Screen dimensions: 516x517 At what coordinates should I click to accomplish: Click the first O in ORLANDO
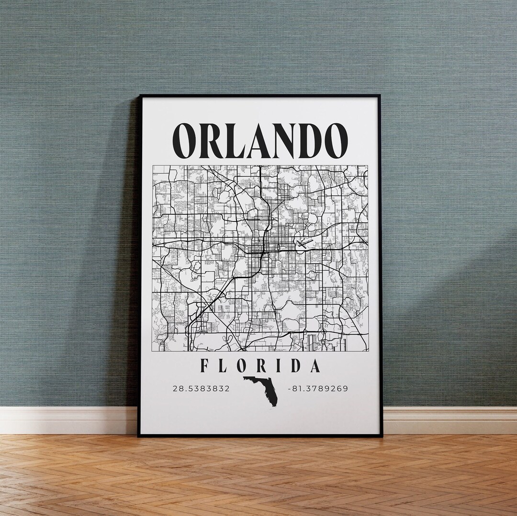point(184,141)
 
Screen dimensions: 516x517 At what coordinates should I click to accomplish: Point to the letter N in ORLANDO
point(281,141)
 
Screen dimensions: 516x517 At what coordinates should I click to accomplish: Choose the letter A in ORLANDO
point(256,141)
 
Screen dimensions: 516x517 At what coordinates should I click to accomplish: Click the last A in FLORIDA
point(314,366)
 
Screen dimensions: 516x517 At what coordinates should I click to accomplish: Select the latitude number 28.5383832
point(201,388)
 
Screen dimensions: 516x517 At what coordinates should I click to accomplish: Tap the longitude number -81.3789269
point(317,388)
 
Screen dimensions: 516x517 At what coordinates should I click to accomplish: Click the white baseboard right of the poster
point(450,420)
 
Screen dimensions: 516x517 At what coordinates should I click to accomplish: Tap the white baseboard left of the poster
point(67,420)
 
